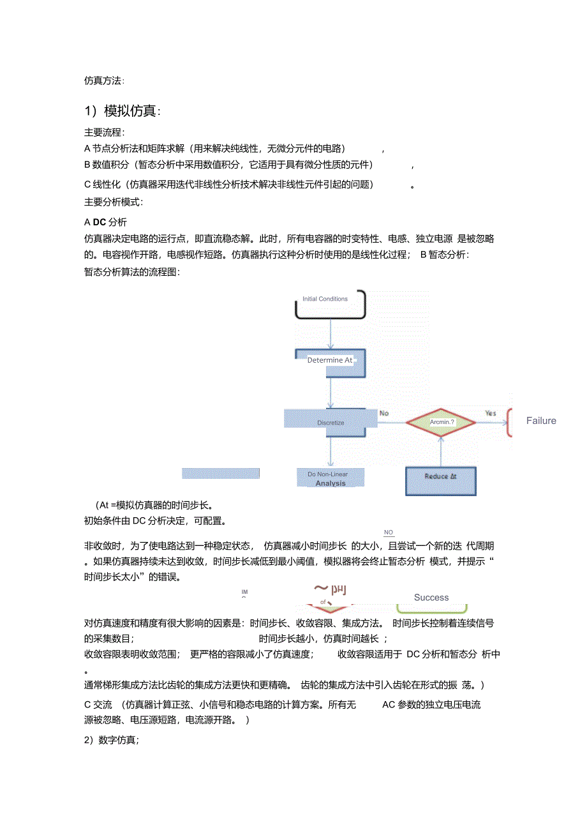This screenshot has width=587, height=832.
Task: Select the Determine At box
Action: click(330, 361)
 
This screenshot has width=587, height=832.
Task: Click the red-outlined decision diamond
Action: click(441, 422)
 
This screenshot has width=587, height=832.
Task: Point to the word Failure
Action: click(541, 421)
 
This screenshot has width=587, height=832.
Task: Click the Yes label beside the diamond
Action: click(490, 413)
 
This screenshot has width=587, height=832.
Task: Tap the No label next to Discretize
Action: click(384, 413)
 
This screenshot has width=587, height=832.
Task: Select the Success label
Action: click(431, 598)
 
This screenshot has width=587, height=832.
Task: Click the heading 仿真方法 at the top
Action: click(104, 80)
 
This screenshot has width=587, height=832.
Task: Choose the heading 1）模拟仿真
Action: click(123, 111)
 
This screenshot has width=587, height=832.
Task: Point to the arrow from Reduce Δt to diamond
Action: click(441, 451)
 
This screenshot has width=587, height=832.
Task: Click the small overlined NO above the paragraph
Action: click(389, 533)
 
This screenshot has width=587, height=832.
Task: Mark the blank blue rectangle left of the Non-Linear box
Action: click(221, 473)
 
